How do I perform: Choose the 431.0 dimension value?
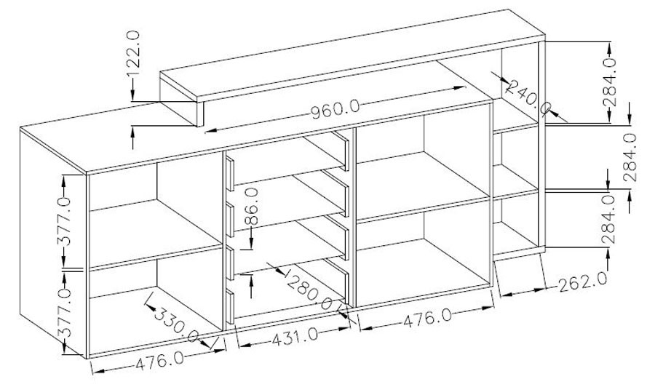click(295, 337)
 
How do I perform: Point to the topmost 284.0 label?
click(610, 81)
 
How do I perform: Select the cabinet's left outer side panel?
click(53, 243)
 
